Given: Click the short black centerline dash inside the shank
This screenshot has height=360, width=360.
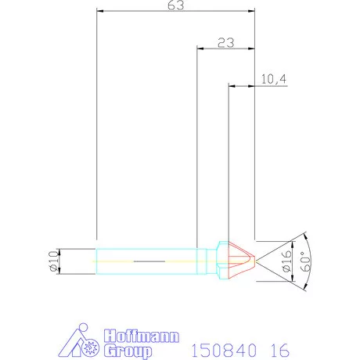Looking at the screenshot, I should [146, 259].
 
